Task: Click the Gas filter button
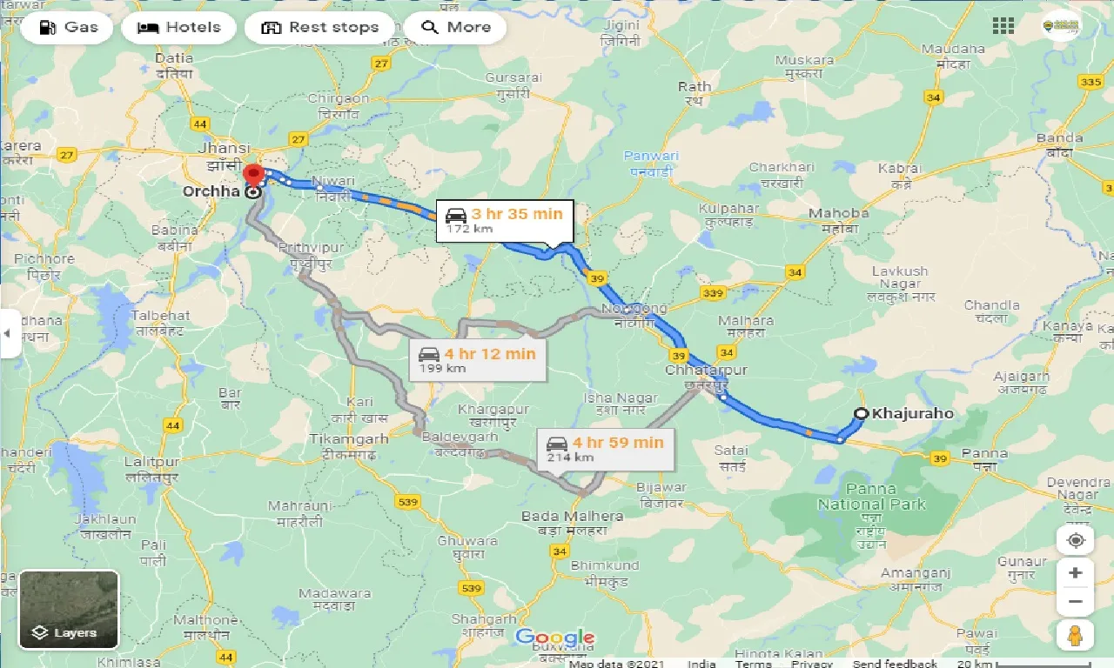tap(70, 27)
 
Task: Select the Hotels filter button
tap(178, 27)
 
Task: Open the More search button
tap(455, 27)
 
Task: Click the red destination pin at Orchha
tap(253, 174)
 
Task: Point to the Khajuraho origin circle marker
tap(861, 414)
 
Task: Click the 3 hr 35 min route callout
tap(505, 220)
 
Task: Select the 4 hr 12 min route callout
tap(478, 360)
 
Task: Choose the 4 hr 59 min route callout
tap(605, 449)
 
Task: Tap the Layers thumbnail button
tap(69, 609)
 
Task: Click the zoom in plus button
tap(1076, 572)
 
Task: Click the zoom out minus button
tap(1076, 601)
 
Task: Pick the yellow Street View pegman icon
tap(1076, 635)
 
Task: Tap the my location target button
tap(1076, 540)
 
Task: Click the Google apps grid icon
tap(1003, 26)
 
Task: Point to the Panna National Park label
tap(871, 497)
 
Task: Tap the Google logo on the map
tap(555, 638)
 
